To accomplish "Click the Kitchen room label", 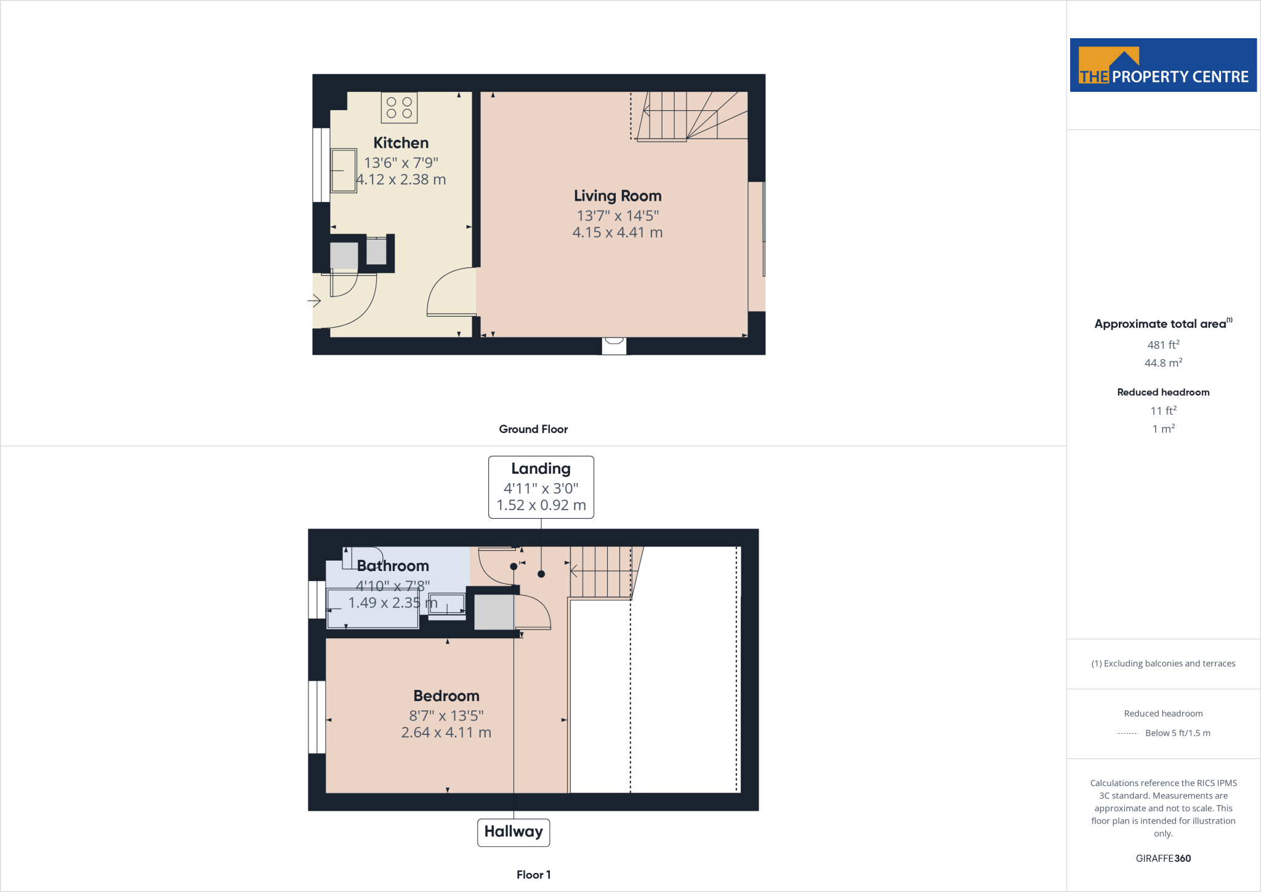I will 401,143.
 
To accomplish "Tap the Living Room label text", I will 618,196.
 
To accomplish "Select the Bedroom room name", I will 446,696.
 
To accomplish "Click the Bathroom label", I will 393,566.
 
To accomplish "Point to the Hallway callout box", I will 514,832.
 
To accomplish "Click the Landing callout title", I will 541,469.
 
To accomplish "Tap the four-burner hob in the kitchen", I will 399,108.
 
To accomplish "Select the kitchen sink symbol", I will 344,171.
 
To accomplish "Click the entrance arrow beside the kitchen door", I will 315,301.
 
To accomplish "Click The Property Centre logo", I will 1163,65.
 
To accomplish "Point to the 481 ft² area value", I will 1163,345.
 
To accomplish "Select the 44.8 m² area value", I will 1163,363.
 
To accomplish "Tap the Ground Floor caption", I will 533,429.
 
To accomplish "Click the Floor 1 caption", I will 533,875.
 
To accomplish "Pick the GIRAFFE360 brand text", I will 1163,858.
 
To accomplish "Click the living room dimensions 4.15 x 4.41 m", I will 618,233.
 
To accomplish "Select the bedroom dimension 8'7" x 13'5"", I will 446,716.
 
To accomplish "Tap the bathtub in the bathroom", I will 373,609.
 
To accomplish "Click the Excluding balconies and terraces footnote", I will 1163,663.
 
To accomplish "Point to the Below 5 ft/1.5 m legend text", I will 1177,733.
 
